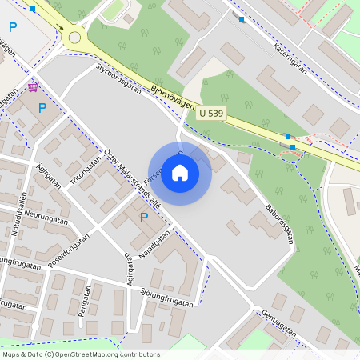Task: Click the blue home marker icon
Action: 180,173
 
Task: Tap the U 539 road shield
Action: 212,114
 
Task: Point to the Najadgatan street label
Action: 154,246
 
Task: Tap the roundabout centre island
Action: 75,36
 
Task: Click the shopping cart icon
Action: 33,86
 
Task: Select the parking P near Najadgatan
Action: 144,217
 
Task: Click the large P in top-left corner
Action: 12,27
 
